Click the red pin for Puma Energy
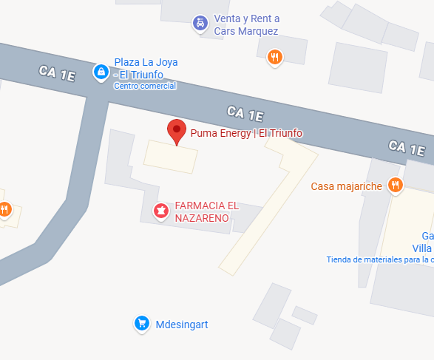[x=176, y=130]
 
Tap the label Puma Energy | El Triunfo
[x=246, y=133]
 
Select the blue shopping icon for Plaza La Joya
[x=100, y=72]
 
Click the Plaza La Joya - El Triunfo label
[x=146, y=68]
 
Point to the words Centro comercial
[x=145, y=86]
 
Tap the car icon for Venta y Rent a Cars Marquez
[x=200, y=24]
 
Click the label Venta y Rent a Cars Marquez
[x=246, y=25]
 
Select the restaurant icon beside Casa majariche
[x=396, y=186]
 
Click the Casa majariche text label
[x=346, y=186]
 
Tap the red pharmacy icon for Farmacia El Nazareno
[x=160, y=211]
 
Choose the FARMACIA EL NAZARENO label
[x=206, y=211]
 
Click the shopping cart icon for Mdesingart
[x=141, y=323]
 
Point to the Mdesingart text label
[x=182, y=324]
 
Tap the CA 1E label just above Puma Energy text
[x=245, y=114]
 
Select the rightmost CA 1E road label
[x=407, y=148]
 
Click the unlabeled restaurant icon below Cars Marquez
[x=275, y=57]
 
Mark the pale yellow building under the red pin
[x=171, y=156]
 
